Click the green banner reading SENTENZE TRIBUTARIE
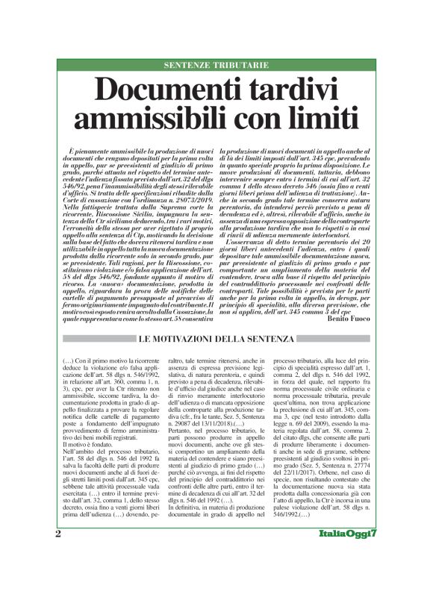tap(216, 66)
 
